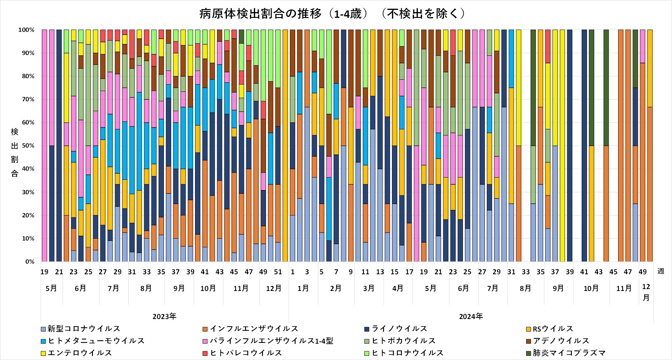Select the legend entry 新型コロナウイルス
coord(83,329)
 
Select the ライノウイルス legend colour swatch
coord(367,329)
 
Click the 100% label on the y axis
coord(26,30)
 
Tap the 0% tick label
coord(30,262)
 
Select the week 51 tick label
coord(278,272)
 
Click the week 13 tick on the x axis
coord(380,272)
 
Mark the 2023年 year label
coord(164,316)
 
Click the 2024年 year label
coord(471,316)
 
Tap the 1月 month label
coord(303,288)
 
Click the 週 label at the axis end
coord(661,271)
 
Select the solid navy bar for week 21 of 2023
coord(59,146)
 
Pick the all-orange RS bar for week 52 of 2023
coord(285,146)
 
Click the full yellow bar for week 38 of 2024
coord(562,146)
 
